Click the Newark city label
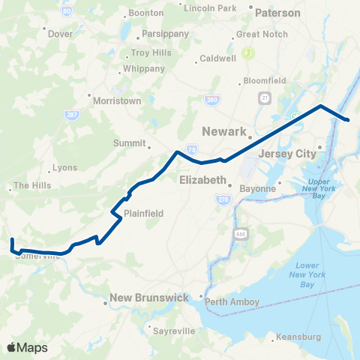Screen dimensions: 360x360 pos(226,131)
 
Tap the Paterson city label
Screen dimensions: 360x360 pos(277,13)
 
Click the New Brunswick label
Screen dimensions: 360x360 pos(149,298)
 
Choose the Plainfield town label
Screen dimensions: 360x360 pos(143,213)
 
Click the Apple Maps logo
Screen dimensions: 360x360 pos(28,347)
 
